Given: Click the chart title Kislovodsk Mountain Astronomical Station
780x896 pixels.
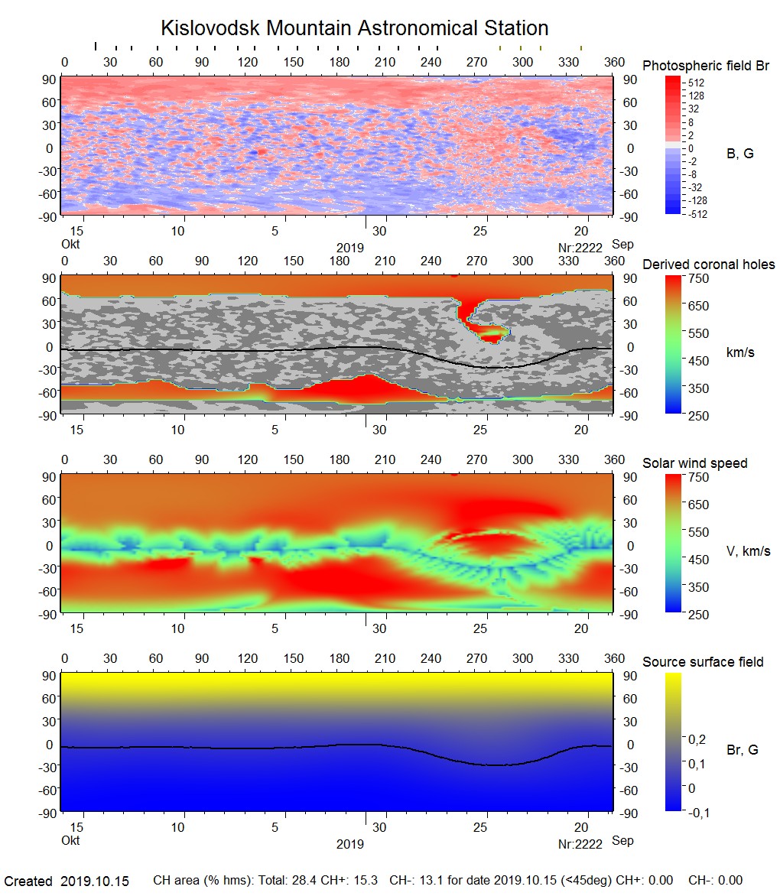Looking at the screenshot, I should (x=354, y=28).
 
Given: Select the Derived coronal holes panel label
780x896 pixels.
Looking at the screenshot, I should (x=708, y=265).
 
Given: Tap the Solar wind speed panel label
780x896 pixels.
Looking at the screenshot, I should (x=694, y=463).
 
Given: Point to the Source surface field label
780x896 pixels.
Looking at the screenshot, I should (x=703, y=662).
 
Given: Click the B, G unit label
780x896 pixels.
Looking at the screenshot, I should (x=739, y=154).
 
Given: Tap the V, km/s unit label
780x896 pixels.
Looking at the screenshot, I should (x=748, y=551).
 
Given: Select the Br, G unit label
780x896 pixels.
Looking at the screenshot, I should (x=742, y=750).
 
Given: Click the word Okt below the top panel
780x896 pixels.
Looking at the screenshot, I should (x=70, y=245).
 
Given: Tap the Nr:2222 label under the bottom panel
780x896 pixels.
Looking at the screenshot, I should (x=580, y=844).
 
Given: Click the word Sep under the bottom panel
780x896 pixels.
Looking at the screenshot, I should (x=622, y=841).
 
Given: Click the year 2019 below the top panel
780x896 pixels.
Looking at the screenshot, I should (x=350, y=248).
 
